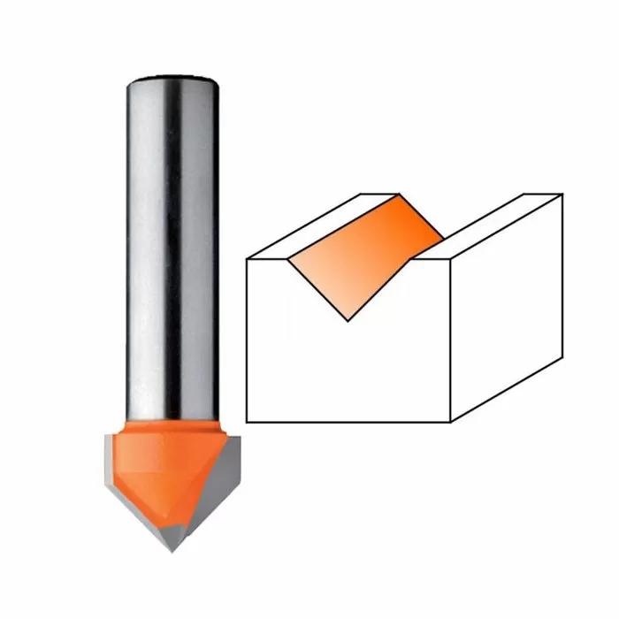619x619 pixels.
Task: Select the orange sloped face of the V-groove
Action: pos(363,256)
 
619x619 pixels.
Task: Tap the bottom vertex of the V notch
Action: pos(348,321)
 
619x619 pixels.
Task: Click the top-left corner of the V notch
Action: pos(289,259)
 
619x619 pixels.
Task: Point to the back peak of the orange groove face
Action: pos(400,195)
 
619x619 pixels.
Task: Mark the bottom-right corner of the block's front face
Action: pos(451,422)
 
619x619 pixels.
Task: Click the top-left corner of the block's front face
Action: pos(247,259)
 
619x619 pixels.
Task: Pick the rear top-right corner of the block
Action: pos(562,194)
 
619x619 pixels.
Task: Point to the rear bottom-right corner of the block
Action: pos(562,355)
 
